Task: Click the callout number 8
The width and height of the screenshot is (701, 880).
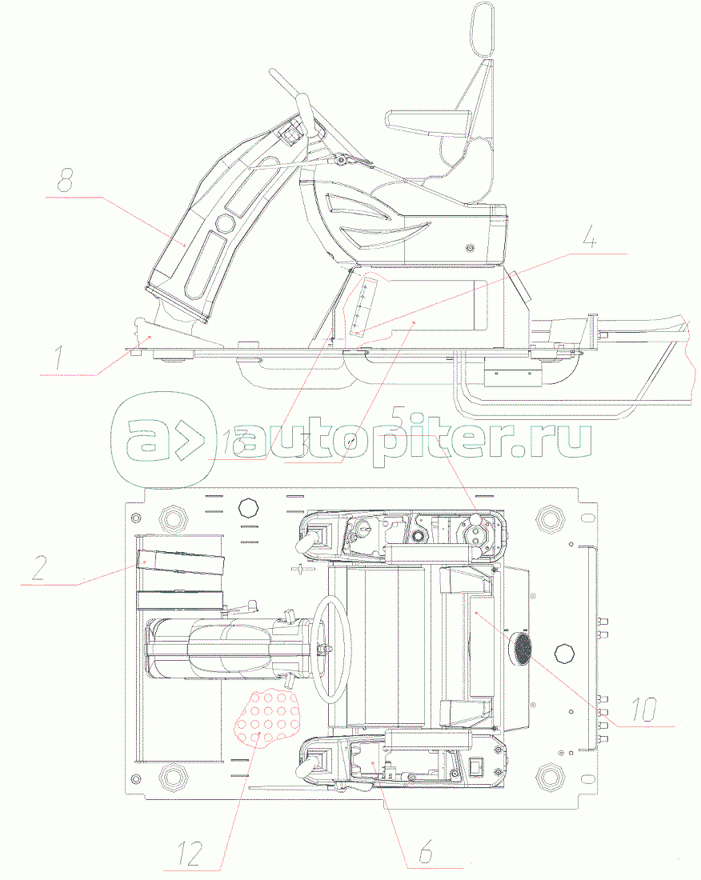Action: pos(65,181)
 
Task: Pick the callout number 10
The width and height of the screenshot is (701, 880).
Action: pos(644,707)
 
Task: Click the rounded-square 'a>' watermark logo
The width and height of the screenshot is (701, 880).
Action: pos(165,442)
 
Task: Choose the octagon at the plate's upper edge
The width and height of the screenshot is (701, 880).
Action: pos(248,509)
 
